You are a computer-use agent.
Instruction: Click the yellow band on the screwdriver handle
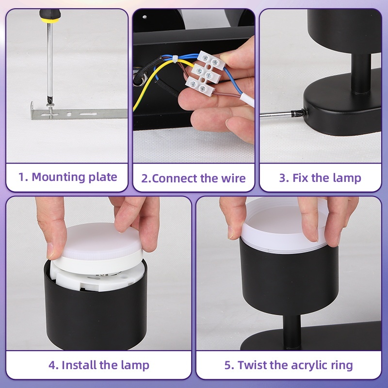pyautogui.click(x=50, y=20)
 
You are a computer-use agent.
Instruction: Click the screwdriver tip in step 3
pyautogui.click(x=299, y=113)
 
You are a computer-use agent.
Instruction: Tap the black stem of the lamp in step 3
pyautogui.click(x=361, y=74)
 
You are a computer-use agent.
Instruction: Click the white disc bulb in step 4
pyautogui.click(x=99, y=247)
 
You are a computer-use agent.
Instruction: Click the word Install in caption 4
pyautogui.click(x=79, y=365)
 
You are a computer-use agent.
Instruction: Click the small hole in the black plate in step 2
pyautogui.click(x=145, y=17)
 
